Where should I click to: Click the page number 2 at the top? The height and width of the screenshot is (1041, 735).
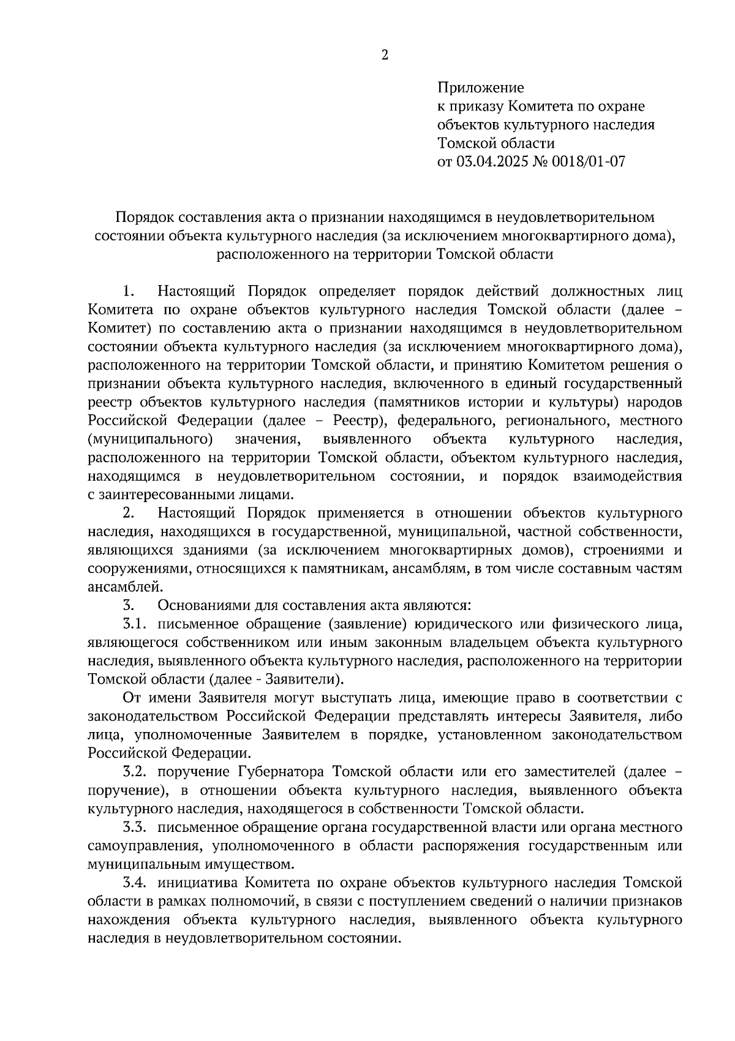click(385, 55)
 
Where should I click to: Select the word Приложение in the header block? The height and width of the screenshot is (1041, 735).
click(481, 88)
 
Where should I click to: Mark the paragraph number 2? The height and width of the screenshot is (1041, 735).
click(128, 513)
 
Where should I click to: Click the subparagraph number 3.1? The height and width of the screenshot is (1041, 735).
click(134, 623)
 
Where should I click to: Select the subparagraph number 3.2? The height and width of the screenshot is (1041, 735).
click(134, 771)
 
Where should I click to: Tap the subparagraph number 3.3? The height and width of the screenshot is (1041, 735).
click(134, 827)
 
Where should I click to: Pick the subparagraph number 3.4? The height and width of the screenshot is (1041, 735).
click(134, 883)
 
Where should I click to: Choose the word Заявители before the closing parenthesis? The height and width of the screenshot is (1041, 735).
click(307, 679)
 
